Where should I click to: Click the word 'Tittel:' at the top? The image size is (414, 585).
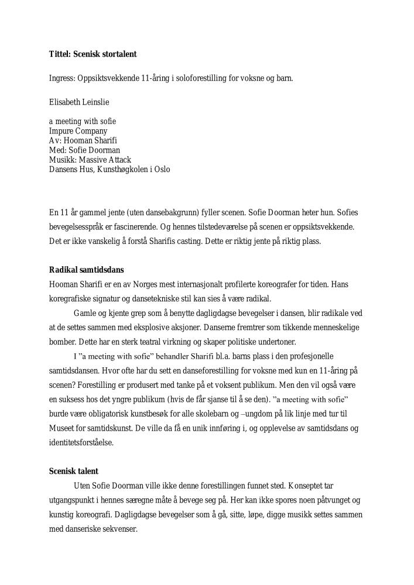(x=60, y=54)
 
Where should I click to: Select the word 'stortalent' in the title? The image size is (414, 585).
(x=118, y=54)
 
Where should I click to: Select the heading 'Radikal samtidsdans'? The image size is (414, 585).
(x=86, y=270)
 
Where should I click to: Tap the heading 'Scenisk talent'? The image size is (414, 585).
(x=74, y=471)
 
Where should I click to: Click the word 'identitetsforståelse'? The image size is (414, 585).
(x=81, y=442)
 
